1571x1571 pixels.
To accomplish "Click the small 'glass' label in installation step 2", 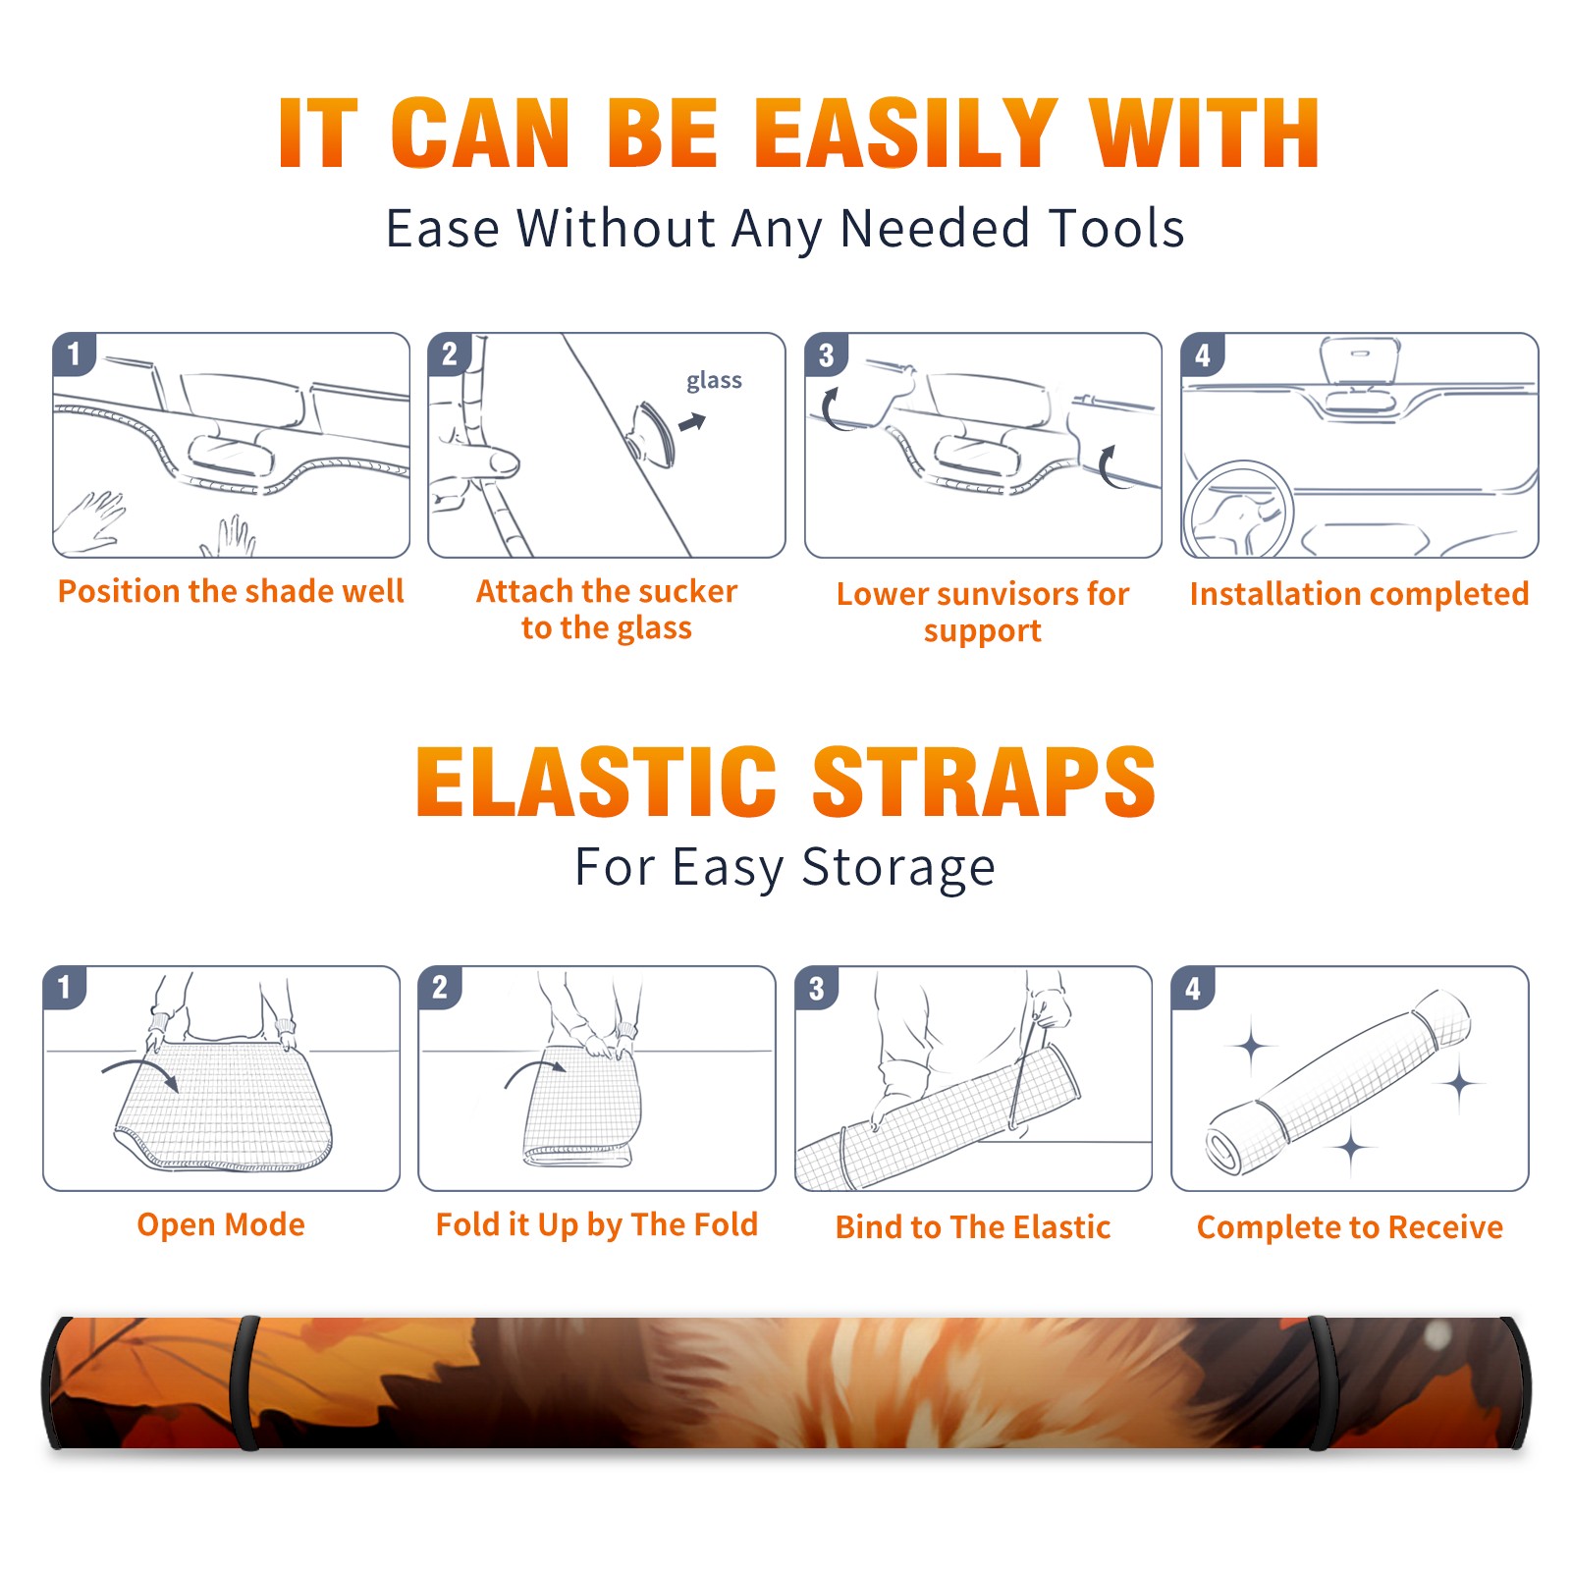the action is click(714, 381).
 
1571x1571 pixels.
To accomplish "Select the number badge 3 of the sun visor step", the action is click(826, 354).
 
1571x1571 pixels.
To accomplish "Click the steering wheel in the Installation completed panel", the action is click(1238, 510).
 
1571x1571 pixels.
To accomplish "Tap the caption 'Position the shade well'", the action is click(231, 591).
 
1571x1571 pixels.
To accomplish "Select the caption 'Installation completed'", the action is click(1359, 594).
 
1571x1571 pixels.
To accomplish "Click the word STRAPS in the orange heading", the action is click(984, 782).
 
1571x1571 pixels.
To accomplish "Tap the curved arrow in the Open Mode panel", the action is click(140, 1072).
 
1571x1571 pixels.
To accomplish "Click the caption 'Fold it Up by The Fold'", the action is click(597, 1225).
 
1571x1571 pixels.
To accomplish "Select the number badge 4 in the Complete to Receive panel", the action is click(1193, 988).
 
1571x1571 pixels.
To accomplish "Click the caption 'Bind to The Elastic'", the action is click(973, 1227).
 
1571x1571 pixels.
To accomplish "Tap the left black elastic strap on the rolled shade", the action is click(244, 1382).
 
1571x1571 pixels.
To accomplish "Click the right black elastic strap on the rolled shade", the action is click(1323, 1382).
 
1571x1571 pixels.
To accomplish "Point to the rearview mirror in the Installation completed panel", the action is click(1359, 360).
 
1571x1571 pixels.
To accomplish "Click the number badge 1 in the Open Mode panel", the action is click(65, 988).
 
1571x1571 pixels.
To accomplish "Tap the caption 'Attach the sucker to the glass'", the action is click(607, 610).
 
